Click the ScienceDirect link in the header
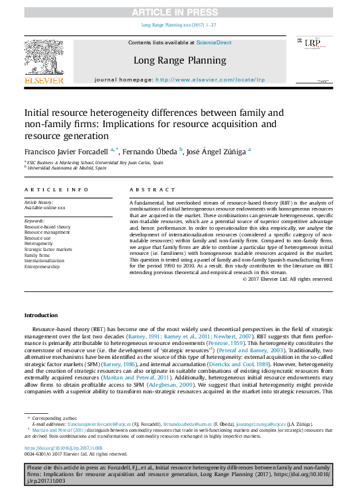pos(214,42)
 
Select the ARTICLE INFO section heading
pos(56,189)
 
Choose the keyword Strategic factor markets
pos(48,249)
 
